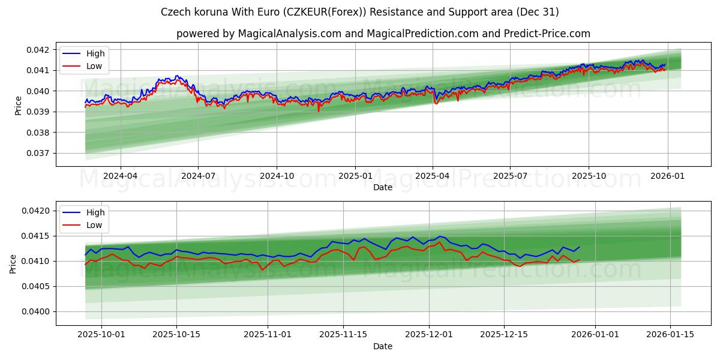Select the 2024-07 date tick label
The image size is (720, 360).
pyautogui.click(x=198, y=176)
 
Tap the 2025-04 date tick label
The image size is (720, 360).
pyautogui.click(x=433, y=176)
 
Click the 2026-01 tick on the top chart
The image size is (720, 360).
pyautogui.click(x=667, y=176)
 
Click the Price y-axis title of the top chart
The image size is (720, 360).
pyautogui.click(x=19, y=105)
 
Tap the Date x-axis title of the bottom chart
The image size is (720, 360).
pyautogui.click(x=383, y=346)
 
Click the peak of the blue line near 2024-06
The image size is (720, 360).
pyautogui.click(x=176, y=76)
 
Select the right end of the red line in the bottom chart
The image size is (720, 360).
pyautogui.click(x=579, y=260)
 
